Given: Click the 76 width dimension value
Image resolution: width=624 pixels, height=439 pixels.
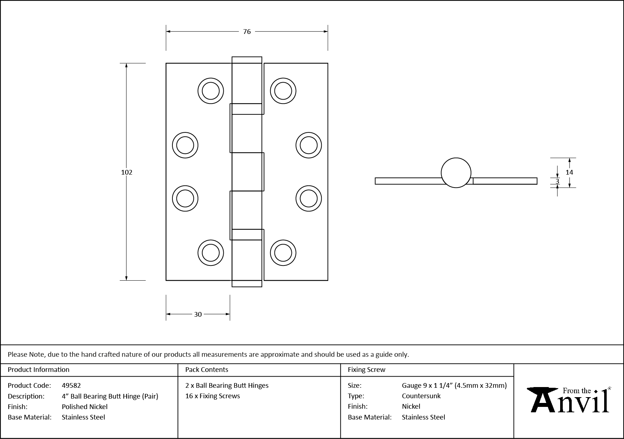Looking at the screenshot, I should point(247,32).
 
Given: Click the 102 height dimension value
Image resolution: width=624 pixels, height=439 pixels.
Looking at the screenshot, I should point(127,172).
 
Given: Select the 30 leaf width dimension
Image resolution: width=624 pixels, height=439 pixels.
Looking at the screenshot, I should point(198,315).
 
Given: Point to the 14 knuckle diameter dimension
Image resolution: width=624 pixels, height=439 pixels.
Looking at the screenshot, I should point(569,172).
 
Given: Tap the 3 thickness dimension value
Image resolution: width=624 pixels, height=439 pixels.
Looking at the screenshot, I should point(557,181).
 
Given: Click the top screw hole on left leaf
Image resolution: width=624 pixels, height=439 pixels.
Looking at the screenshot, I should point(211,91).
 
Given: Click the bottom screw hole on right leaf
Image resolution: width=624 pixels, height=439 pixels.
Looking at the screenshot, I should point(283,253).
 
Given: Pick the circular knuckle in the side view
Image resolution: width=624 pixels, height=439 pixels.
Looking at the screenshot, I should point(456,173).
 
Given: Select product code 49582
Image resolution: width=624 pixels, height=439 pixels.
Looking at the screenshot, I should point(71,386).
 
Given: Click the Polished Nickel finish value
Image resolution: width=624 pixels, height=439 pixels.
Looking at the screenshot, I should point(84,407).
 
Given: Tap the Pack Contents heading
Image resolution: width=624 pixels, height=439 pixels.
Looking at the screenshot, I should point(207,370).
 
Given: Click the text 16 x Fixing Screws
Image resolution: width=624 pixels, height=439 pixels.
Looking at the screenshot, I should point(212,396).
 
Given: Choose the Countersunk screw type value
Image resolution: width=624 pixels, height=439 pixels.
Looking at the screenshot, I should point(421,396).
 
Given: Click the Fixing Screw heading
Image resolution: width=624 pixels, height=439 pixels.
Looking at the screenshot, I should point(366,370).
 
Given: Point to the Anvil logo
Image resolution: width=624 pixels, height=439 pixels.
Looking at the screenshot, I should point(569,400).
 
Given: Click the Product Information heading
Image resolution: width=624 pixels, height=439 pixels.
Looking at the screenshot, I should point(38,370).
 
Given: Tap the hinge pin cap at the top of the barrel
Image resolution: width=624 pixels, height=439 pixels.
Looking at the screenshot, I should point(247,60).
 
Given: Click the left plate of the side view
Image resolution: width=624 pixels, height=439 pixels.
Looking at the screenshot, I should point(408,181).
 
